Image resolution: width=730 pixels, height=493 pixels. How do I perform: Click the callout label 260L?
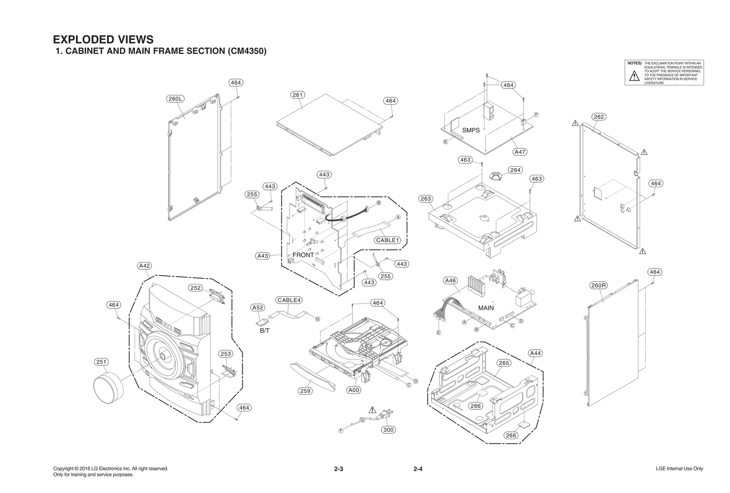pos(175,99)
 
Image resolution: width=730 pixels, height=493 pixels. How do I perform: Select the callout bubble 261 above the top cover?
pos(297,95)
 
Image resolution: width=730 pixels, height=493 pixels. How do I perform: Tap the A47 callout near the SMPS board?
pos(520,152)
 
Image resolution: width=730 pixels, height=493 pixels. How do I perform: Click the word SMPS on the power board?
pos(471,130)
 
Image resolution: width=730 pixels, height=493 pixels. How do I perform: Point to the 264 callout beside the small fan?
pos(515,170)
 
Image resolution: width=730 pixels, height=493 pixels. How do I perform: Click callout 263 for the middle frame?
pos(426,199)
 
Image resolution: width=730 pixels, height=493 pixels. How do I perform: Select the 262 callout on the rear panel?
pos(599,117)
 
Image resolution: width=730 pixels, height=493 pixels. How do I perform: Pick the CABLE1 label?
pos(387,240)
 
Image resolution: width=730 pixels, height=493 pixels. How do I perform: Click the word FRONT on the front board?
pos(303,255)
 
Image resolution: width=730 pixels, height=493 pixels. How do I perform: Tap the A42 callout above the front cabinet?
pos(145,266)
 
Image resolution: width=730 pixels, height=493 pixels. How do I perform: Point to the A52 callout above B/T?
pos(258,308)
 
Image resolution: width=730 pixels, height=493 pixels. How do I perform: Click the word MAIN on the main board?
pos(486,308)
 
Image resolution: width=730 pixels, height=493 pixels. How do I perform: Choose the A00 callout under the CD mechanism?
pos(354,390)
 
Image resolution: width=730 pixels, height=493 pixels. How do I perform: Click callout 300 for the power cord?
pos(388,430)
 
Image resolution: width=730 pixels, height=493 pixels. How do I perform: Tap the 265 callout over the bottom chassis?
pos(504,363)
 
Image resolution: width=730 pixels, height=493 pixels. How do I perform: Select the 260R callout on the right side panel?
pos(598,286)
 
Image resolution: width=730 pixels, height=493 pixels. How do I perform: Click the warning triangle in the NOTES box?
pos(634,77)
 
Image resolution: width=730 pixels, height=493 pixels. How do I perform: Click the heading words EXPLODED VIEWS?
pos(103,40)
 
